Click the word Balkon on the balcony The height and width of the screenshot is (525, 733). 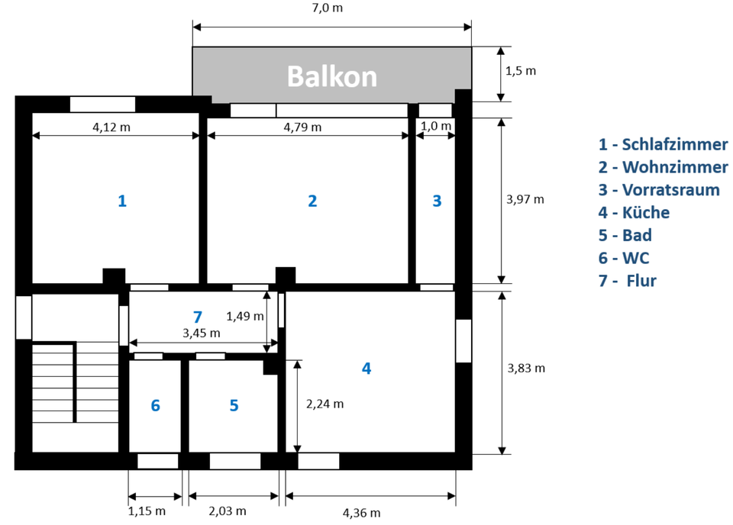331,76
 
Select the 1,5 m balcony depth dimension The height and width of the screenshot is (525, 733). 521,70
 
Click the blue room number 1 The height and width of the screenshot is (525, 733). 121,201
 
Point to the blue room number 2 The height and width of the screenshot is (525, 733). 312,201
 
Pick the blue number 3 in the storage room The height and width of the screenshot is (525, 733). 437,201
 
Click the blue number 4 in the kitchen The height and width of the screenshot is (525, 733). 366,368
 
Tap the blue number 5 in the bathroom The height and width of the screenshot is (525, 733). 234,405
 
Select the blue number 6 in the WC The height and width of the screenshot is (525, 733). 155,405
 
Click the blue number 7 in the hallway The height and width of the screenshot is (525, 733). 197,316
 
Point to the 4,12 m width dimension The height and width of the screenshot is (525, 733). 111,127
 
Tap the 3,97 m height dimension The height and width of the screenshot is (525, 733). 525,199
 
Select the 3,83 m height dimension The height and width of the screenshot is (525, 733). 525,368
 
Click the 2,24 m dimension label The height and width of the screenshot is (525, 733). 325,404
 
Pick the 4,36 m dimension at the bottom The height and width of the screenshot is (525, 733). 361,513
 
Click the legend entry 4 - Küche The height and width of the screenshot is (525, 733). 634,213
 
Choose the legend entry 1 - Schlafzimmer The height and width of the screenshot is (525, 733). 663,144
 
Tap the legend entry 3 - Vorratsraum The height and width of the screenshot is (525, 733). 659,190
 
